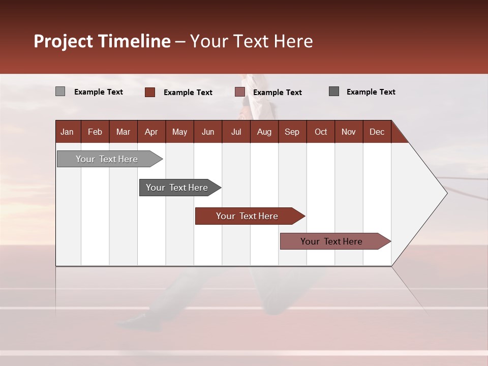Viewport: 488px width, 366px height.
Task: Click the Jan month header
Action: click(x=67, y=132)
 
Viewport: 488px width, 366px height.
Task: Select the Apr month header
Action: click(x=151, y=132)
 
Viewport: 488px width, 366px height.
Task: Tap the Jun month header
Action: click(x=208, y=132)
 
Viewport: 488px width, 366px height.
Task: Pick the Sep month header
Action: click(x=292, y=132)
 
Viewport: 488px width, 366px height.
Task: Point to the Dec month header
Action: click(x=377, y=132)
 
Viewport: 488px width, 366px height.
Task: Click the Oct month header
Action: click(x=321, y=132)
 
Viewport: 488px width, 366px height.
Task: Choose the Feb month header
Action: click(x=95, y=132)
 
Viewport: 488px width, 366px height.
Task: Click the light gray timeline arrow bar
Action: click(x=107, y=159)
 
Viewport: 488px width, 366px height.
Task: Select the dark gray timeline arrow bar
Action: click(x=177, y=188)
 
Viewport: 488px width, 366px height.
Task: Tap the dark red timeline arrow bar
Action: click(x=248, y=216)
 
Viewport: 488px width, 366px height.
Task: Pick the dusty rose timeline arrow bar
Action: click(x=332, y=241)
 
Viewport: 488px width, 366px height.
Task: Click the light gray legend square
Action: click(x=60, y=91)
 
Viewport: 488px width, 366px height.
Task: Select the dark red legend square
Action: click(x=150, y=92)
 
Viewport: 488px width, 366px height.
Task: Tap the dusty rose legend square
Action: click(x=240, y=92)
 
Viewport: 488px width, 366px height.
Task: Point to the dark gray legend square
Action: click(x=334, y=91)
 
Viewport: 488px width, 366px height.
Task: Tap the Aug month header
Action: click(x=264, y=132)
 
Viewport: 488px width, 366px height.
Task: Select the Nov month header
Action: click(x=348, y=132)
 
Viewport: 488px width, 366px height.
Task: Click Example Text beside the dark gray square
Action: click(x=371, y=92)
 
